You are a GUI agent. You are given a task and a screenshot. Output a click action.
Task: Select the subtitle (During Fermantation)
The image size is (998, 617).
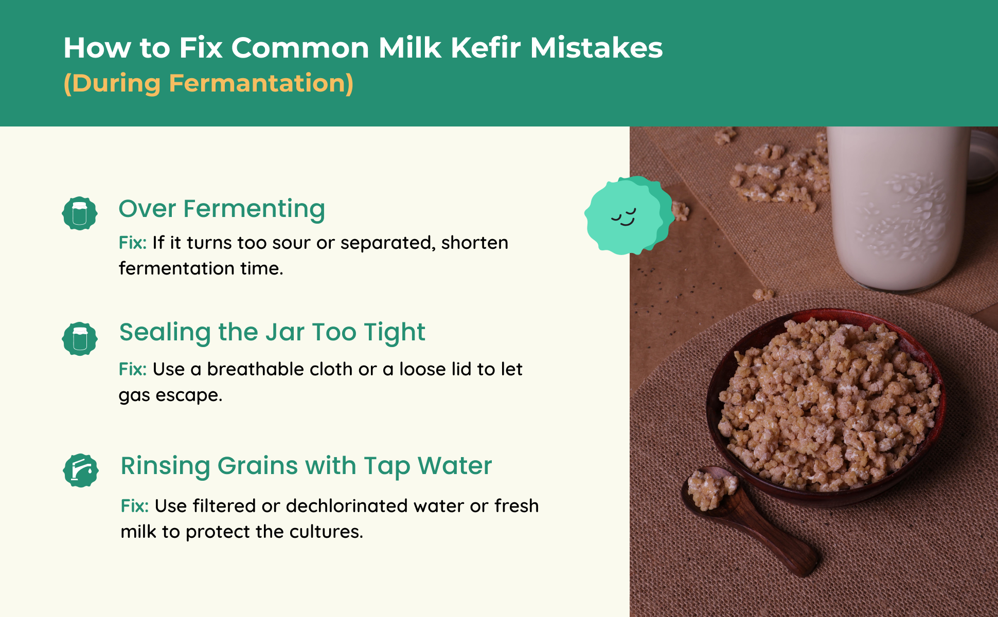tap(208, 83)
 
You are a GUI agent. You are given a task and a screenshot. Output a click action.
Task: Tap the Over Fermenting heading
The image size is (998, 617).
tap(222, 209)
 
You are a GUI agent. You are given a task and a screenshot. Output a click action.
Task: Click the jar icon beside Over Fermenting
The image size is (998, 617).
tap(80, 213)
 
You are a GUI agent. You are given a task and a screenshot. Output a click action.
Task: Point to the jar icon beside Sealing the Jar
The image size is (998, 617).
tap(80, 339)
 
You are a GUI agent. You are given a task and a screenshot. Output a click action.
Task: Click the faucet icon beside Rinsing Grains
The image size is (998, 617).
tap(81, 470)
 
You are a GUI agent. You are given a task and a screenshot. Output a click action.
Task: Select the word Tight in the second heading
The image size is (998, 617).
tap(395, 333)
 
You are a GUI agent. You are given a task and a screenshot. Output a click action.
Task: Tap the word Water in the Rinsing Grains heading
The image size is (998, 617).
tap(455, 466)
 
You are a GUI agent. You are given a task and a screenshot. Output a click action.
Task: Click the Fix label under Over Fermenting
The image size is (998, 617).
tap(133, 243)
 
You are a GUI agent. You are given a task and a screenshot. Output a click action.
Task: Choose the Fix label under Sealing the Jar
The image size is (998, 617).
tap(133, 369)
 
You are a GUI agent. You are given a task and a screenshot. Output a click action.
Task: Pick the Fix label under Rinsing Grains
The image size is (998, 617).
tap(135, 506)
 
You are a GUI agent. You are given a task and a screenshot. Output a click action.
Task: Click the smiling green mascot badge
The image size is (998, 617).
tap(629, 215)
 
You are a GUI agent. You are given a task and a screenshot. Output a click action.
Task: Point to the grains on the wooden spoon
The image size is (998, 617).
tap(712, 488)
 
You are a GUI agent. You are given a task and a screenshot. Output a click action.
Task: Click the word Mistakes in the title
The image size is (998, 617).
tap(596, 48)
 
